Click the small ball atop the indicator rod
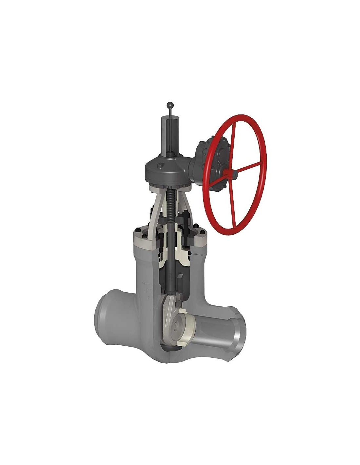point(170,105)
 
